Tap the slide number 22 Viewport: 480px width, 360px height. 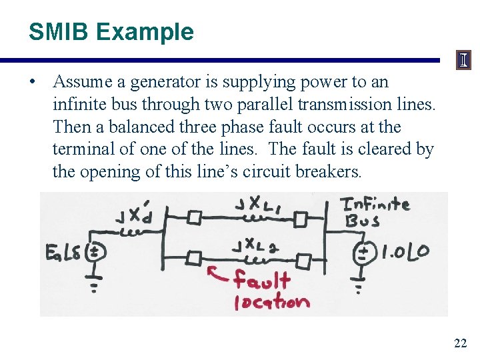tap(460, 343)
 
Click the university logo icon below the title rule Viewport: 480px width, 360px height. tap(463, 61)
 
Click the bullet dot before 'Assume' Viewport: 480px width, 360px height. tap(32, 82)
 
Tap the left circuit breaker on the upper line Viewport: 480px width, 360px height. tap(193, 217)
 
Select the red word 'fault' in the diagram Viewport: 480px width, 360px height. tap(262, 281)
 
